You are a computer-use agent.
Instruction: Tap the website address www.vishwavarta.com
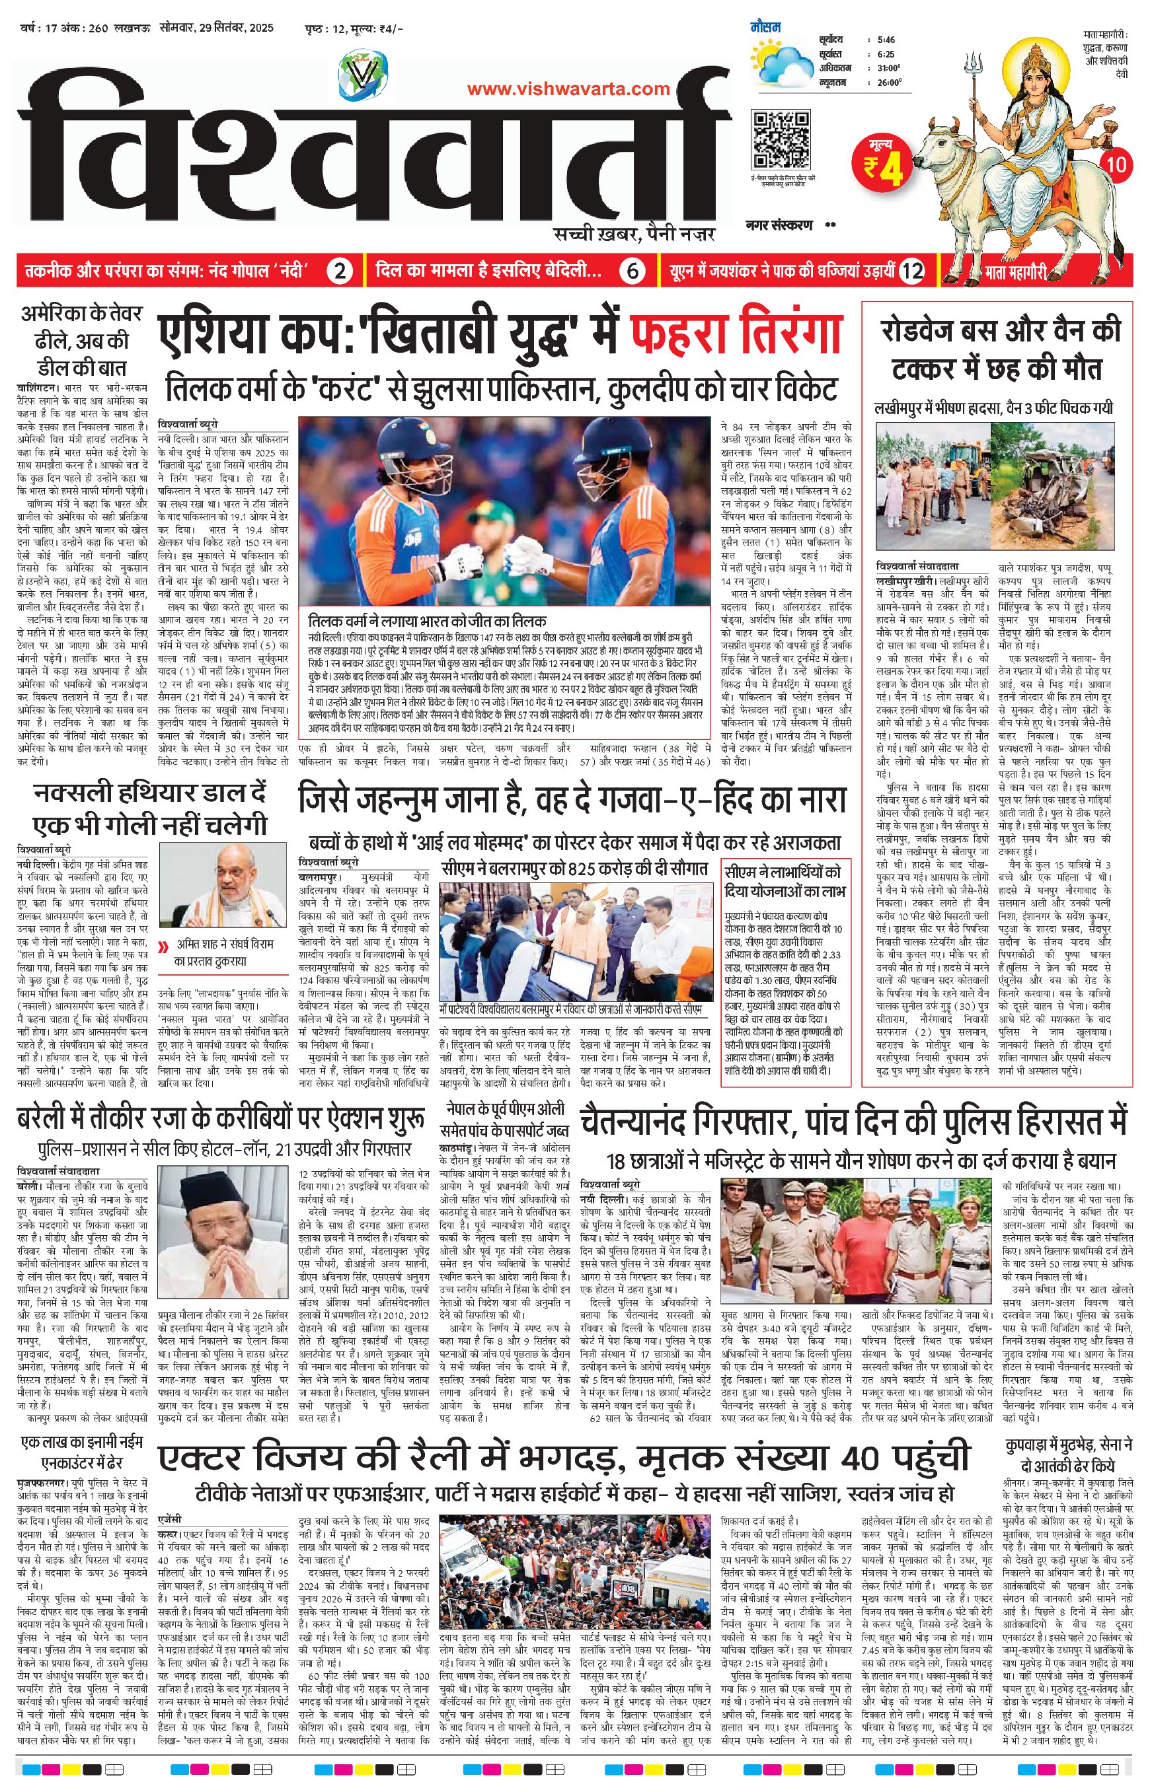click(x=568, y=89)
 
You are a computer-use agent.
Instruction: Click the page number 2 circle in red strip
click(x=339, y=271)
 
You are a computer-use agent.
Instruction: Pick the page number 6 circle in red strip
click(x=632, y=271)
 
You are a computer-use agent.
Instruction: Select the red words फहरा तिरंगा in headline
click(x=737, y=333)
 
